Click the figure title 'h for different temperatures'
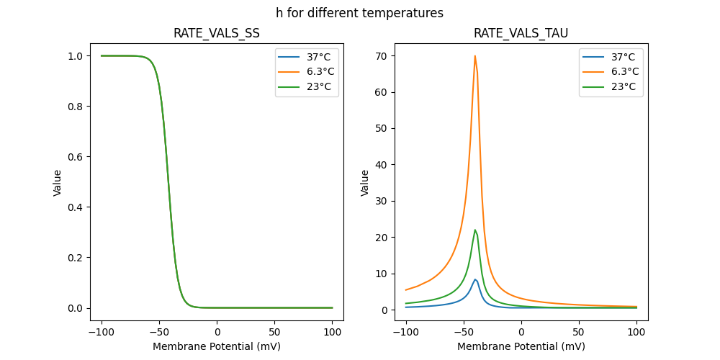pyautogui.click(x=359, y=13)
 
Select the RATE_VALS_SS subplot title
pyautogui.click(x=217, y=33)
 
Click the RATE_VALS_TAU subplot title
pyautogui.click(x=521, y=33)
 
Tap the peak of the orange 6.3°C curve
pyautogui.click(x=475, y=56)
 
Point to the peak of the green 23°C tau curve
pyautogui.click(x=475, y=230)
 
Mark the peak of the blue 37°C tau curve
pyautogui.click(x=475, y=279)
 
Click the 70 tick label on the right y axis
pyautogui.click(x=381, y=55)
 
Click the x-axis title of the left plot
pyautogui.click(x=217, y=346)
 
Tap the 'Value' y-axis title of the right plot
pyautogui.click(x=365, y=183)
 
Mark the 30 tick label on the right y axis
pyautogui.click(x=381, y=201)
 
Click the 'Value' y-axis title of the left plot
pyautogui.click(x=58, y=183)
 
